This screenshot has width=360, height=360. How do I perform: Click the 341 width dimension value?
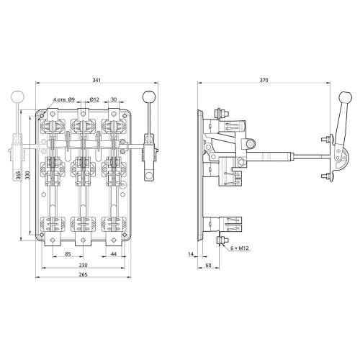click(96, 80)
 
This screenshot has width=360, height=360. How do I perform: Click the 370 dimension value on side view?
click(264, 80)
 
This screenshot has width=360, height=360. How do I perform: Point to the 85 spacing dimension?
click(68, 253)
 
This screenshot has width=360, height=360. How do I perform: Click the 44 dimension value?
click(114, 253)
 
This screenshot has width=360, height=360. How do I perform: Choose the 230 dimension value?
click(83, 265)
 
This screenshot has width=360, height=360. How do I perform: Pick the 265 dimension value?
click(83, 274)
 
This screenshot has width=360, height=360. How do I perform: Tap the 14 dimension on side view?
click(191, 254)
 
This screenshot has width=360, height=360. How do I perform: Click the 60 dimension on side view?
click(208, 265)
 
